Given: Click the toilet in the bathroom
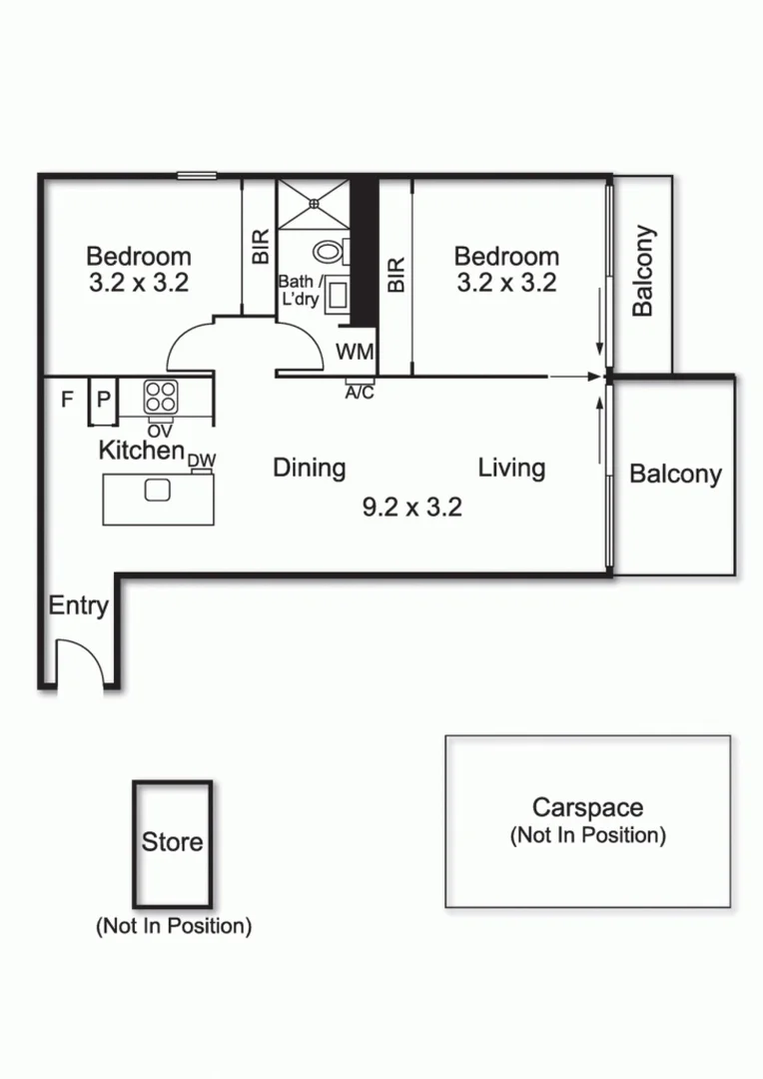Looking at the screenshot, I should [329, 251].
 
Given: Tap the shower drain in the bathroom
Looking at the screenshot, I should [313, 203].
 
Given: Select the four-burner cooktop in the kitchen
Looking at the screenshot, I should [160, 397].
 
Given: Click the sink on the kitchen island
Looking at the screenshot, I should [158, 490].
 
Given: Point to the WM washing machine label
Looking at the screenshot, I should [355, 352].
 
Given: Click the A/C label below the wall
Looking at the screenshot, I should [360, 393].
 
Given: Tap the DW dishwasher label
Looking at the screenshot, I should [202, 460].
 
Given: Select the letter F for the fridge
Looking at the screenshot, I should [67, 400].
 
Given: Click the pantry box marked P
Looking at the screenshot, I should [103, 400].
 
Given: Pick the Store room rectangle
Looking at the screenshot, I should [172, 842].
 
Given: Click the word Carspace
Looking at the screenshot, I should [586, 807].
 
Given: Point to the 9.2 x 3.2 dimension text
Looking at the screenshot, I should [411, 507].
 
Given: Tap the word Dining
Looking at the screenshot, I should [310, 468].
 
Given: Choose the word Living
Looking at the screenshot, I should [511, 468].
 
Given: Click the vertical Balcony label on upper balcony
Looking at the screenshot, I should [644, 272].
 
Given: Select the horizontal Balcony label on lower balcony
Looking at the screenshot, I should [675, 474].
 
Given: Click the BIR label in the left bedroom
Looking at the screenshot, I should [261, 246].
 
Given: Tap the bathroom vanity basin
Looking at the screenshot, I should [340, 295].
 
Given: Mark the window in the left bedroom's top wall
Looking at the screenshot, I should [197, 176].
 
